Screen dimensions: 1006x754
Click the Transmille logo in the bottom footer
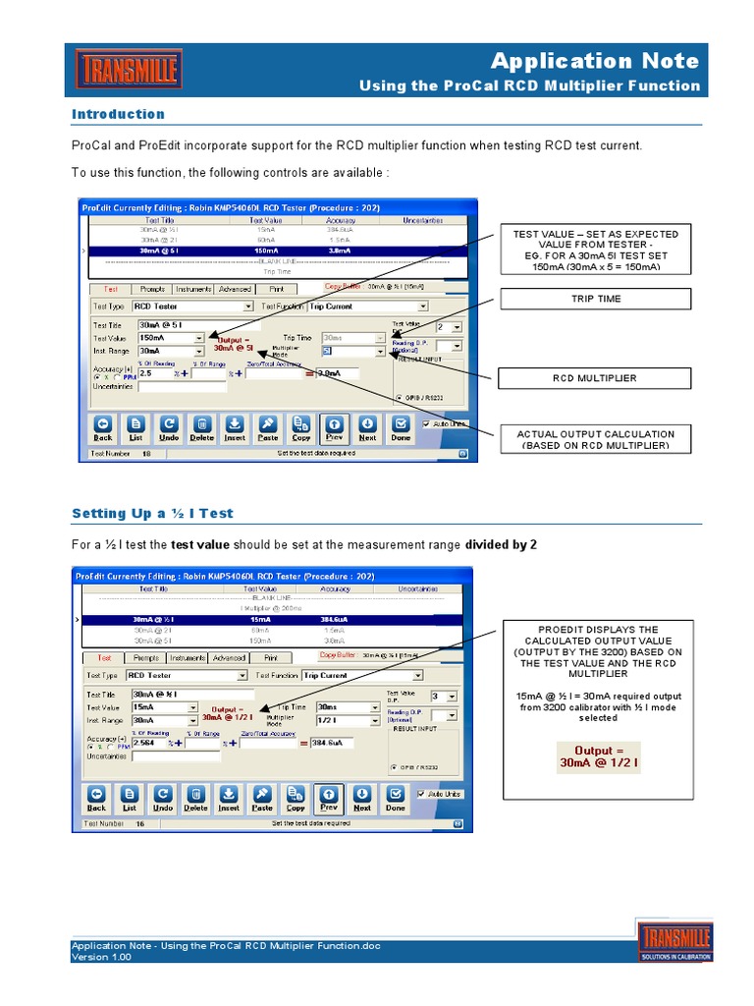coord(674,941)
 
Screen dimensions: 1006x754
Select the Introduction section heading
coord(118,114)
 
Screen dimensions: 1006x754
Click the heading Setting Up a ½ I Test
coord(152,513)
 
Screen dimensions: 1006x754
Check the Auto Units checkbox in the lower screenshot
coord(423,794)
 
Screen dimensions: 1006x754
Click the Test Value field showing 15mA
coord(164,707)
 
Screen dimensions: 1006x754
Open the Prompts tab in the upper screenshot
coord(151,289)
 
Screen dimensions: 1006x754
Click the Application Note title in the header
coord(595,61)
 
